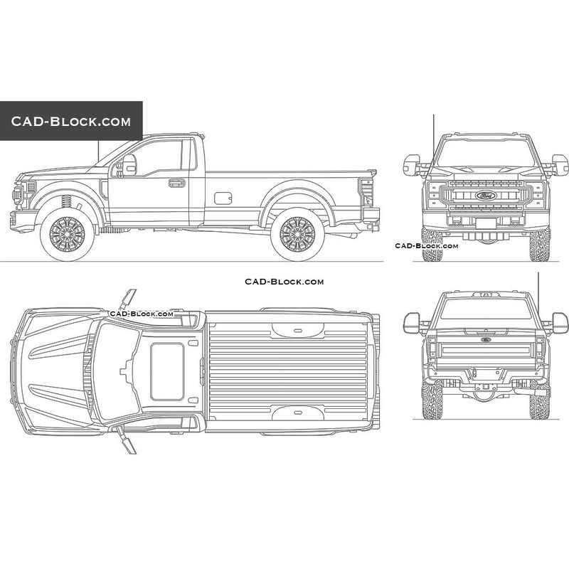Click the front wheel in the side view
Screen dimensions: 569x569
pos(67,235)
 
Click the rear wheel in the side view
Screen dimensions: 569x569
pos(297,235)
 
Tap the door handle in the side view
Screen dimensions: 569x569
pos(176,183)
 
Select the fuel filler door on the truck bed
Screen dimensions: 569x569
pos(223,198)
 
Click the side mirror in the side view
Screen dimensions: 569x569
pos(129,165)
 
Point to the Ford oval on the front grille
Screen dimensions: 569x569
pos(486,196)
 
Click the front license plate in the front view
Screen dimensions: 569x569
pos(486,223)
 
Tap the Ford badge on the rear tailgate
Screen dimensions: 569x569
pos(486,340)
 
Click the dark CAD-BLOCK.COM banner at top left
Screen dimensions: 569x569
pos(71,121)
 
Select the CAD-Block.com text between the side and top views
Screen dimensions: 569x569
pos(284,282)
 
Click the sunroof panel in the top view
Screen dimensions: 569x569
pos(167,371)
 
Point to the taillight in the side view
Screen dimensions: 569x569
pos(366,191)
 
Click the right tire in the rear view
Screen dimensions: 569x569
pos(540,400)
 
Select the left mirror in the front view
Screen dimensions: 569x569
pos(412,165)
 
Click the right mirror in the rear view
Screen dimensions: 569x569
pos(560,323)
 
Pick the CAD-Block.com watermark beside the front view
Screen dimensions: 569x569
pos(426,245)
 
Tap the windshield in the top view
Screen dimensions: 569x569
pos(116,371)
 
